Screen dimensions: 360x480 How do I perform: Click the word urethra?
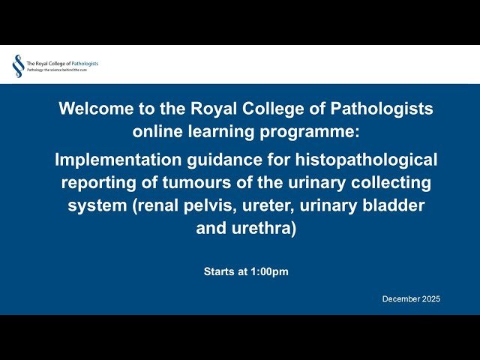pyautogui.click(x=264, y=229)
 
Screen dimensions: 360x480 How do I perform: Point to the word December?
pyautogui.click(x=400, y=299)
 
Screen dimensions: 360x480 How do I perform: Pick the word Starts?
pyautogui.click(x=220, y=272)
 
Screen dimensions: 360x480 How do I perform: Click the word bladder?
pyautogui.click(x=398, y=205)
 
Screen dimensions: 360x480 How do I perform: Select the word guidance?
pyautogui.click(x=211, y=159)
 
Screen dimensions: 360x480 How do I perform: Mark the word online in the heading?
pyautogui.click(x=160, y=132)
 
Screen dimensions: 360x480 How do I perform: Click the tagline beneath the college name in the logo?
pyautogui.click(x=61, y=70)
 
